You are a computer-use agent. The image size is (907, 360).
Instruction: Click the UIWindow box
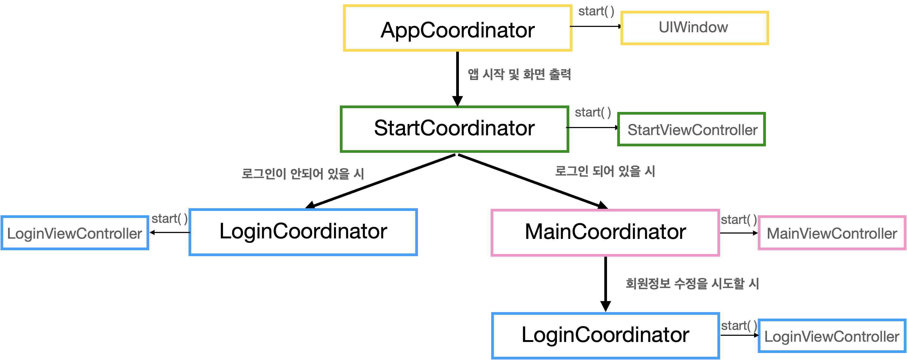(x=694, y=28)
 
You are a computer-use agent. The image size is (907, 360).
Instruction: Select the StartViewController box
(x=692, y=129)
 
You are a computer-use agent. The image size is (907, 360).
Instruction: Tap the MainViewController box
(x=832, y=233)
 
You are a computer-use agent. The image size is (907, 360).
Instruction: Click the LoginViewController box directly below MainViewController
(x=832, y=336)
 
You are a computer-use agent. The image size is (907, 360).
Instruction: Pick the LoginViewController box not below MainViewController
(x=75, y=233)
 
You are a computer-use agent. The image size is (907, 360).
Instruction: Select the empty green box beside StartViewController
(x=454, y=129)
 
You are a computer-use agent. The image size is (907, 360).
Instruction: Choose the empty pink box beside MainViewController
(x=605, y=233)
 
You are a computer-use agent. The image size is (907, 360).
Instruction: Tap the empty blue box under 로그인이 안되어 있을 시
(x=303, y=232)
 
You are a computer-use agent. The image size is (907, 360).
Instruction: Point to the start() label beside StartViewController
(x=592, y=113)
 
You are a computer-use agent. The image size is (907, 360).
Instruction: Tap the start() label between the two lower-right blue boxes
(x=739, y=326)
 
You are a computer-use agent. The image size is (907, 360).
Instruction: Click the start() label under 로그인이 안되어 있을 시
(x=169, y=219)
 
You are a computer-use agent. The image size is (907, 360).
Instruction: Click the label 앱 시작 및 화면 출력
(x=519, y=74)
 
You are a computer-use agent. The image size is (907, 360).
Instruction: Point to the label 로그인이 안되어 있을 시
(x=303, y=174)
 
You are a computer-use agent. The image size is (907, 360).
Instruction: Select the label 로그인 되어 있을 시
(x=605, y=171)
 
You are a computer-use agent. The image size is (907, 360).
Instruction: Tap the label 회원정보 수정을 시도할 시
(x=692, y=283)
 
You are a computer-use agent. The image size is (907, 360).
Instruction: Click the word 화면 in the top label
(x=534, y=74)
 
